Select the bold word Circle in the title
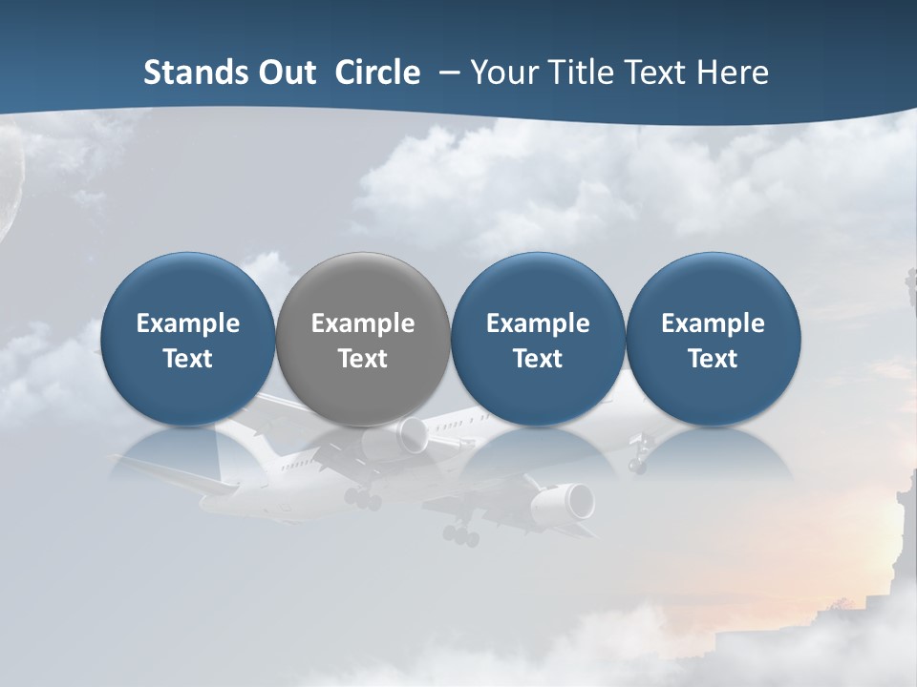coord(377,73)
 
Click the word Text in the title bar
coord(651,73)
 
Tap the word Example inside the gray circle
coord(363,323)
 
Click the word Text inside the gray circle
coord(363,359)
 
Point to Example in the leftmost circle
coord(187,323)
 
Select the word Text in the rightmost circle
coord(713,359)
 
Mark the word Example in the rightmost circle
coord(713,323)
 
